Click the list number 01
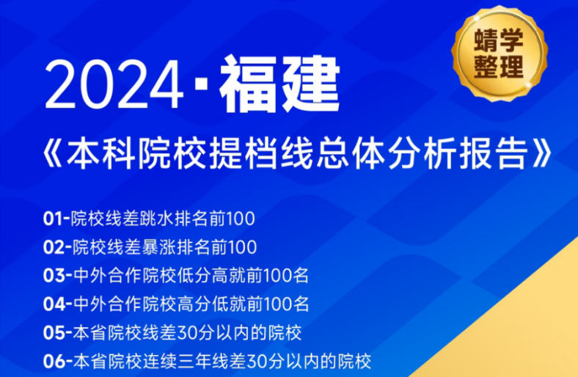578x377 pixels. tap(54, 218)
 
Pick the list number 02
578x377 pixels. tap(55, 246)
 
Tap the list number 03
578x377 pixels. tap(55, 275)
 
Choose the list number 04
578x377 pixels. tap(55, 304)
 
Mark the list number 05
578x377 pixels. tap(55, 332)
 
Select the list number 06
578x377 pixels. tap(55, 361)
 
